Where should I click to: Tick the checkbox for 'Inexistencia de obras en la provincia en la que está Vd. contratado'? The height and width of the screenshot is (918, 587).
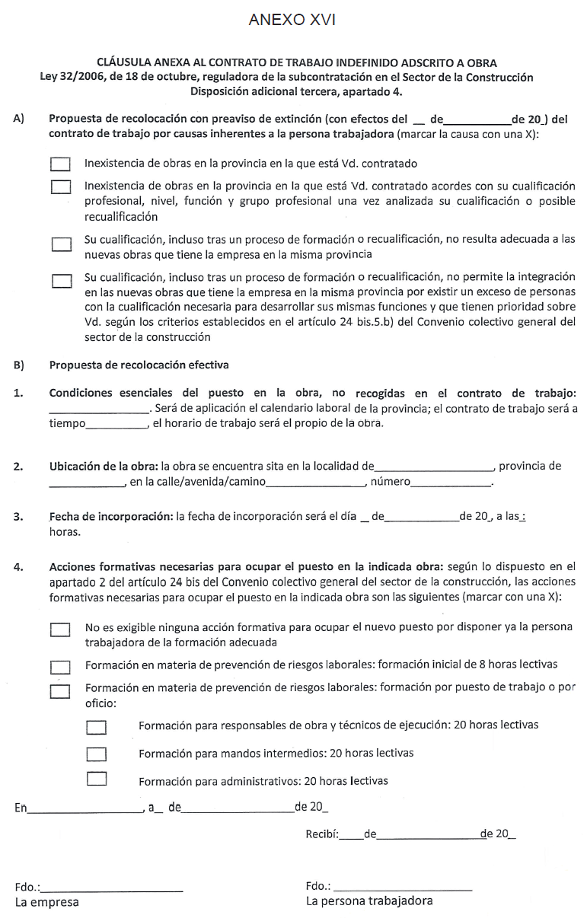point(61,164)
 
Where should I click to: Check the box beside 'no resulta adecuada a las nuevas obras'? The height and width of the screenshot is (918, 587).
point(61,244)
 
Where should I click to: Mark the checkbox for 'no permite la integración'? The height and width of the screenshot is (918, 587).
point(61,282)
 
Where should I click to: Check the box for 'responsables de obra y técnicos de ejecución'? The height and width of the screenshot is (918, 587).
point(96,728)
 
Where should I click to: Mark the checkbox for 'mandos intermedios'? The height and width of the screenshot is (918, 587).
point(96,754)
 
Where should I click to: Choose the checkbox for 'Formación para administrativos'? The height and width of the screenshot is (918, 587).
point(96,779)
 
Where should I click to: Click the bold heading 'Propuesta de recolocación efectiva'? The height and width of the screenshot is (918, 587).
point(139,365)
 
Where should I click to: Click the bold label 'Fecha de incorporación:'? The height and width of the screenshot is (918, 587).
point(111,517)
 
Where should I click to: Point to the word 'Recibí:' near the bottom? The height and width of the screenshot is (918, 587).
point(322,834)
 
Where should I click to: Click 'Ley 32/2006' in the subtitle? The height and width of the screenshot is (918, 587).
point(72,78)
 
